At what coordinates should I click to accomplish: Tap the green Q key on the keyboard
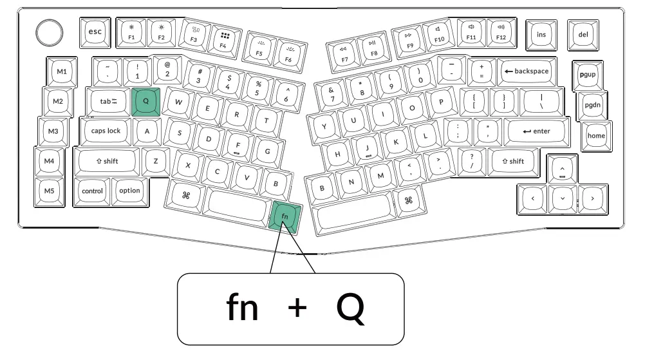point(145,101)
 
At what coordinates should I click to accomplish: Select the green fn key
point(285,216)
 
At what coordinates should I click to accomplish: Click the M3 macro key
point(53,131)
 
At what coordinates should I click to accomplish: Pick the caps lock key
point(106,131)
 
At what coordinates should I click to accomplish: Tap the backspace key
point(527,71)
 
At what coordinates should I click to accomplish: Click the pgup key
point(589,74)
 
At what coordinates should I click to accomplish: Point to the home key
point(596,135)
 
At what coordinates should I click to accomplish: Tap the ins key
point(540,33)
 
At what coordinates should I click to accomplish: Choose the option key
point(129,191)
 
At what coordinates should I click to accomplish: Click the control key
point(92,191)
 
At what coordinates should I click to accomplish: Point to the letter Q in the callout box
point(351,308)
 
